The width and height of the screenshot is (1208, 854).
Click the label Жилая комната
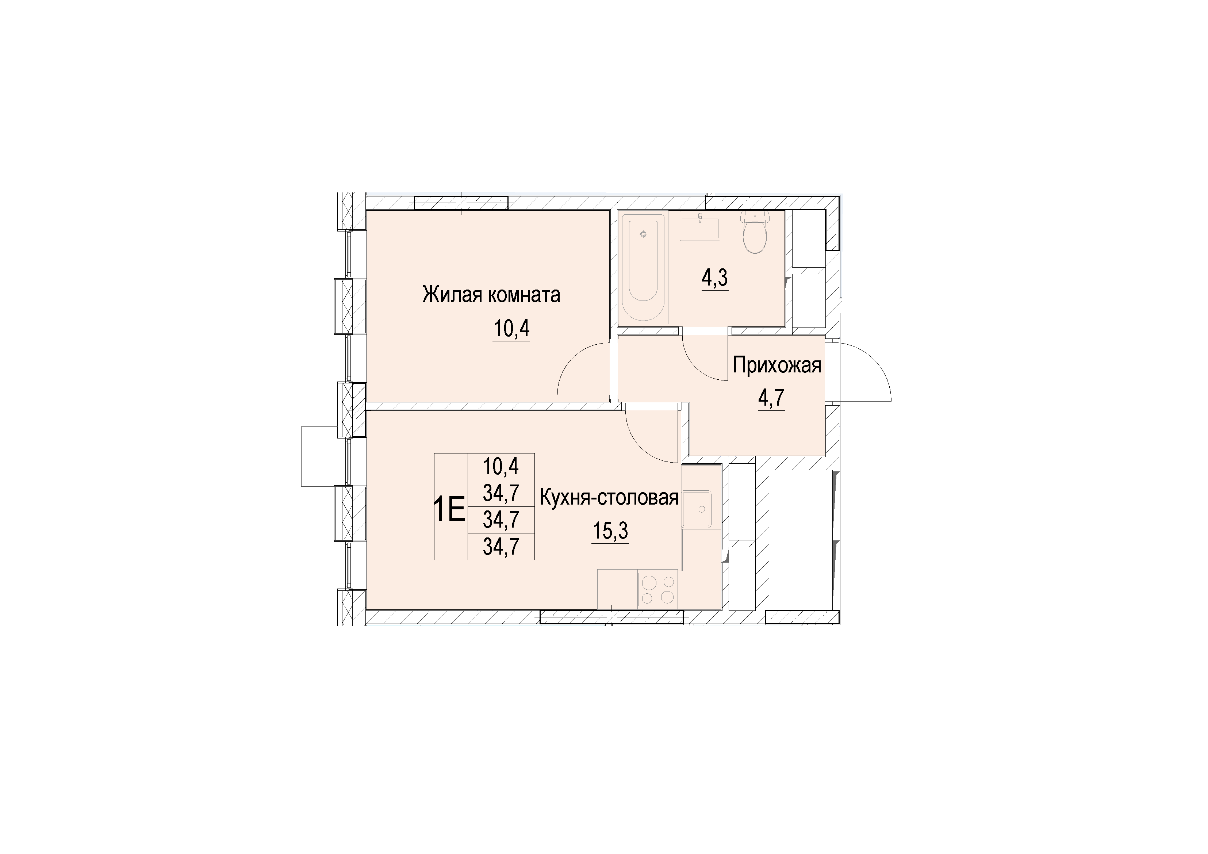point(491,295)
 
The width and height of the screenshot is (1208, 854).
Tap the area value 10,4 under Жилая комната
point(511,329)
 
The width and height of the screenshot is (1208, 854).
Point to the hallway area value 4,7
point(771,398)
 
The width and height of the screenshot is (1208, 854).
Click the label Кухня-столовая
point(609,497)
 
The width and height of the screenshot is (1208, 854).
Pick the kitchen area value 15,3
point(610,532)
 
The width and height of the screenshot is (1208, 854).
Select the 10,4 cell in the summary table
point(501,466)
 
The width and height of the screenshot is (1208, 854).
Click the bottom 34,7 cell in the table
point(501,547)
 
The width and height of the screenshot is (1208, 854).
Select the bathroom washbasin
point(700,227)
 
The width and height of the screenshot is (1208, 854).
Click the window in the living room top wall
point(461,203)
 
